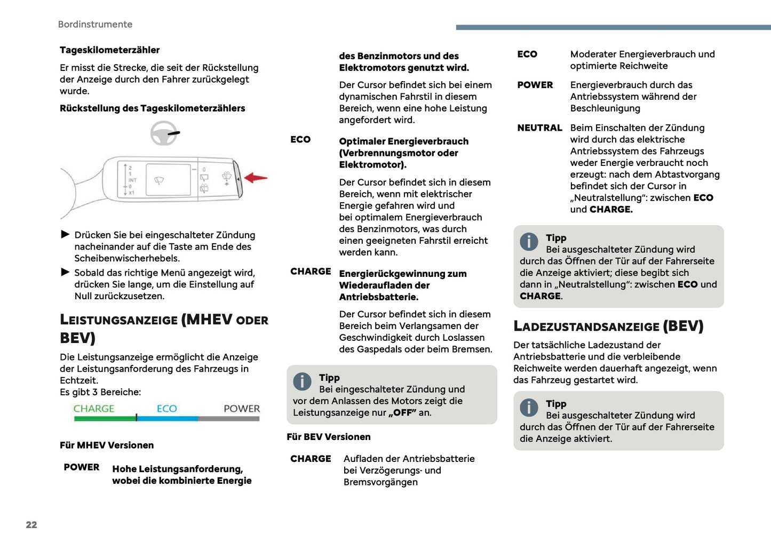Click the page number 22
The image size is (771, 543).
pos(31,525)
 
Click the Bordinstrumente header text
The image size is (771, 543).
pos(95,25)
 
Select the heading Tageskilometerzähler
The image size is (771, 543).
pos(109,50)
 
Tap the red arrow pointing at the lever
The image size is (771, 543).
pos(256,178)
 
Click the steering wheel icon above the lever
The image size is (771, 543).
pos(164,133)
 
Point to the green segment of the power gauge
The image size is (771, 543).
pos(105,419)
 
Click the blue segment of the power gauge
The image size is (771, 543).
pos(167,419)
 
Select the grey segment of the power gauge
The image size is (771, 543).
pos(229,419)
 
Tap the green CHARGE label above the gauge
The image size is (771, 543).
pos(94,409)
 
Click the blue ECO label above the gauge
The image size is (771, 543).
pos(166,409)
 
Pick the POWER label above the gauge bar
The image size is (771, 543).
pos(242,409)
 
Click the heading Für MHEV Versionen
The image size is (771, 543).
pos(107,445)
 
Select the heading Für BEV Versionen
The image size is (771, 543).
pos(329,437)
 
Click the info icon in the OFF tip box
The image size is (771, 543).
pos(302,381)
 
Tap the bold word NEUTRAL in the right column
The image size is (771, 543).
pos(539,128)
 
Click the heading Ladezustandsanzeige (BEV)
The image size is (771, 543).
pos(608,326)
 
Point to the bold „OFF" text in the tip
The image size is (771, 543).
pos(402,413)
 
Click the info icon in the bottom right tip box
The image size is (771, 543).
pos(529,408)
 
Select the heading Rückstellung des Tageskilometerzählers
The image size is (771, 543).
pos(153,108)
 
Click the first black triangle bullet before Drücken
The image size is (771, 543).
pos(66,234)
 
